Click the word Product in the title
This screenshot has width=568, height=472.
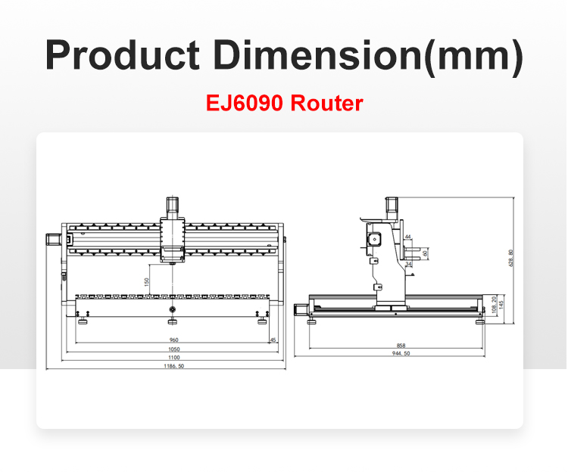coord(122,55)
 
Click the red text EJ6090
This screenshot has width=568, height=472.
coord(244,103)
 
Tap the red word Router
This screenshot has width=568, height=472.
coord(326,103)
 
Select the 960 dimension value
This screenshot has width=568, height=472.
coord(174,340)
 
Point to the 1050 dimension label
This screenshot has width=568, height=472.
coord(174,349)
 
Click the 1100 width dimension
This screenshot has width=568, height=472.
coord(174,358)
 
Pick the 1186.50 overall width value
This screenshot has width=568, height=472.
coord(174,366)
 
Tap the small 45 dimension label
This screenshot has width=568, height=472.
coord(273,340)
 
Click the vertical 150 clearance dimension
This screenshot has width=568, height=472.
coord(147,282)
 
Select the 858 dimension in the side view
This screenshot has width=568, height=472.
coord(401,346)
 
